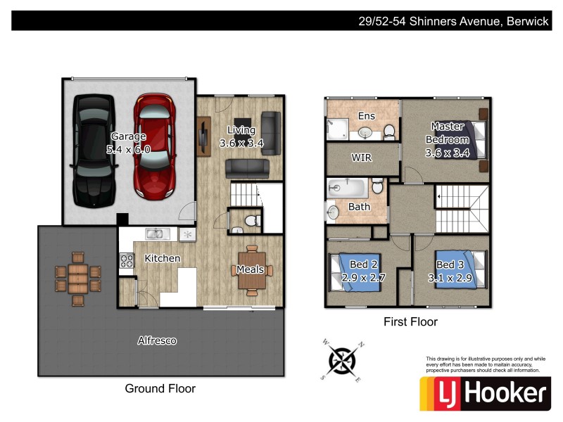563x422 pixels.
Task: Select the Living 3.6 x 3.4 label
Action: tap(241, 136)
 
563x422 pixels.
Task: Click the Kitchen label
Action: tap(162, 258)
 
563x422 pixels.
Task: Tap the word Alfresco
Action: tap(157, 341)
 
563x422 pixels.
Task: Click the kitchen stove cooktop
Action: tap(127, 260)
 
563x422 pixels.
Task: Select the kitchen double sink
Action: tap(156, 234)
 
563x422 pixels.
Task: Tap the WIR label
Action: tap(361, 158)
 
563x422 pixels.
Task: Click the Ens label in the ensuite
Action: tap(367, 116)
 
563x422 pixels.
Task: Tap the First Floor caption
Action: tap(410, 322)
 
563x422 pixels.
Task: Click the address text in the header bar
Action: tap(453, 21)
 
